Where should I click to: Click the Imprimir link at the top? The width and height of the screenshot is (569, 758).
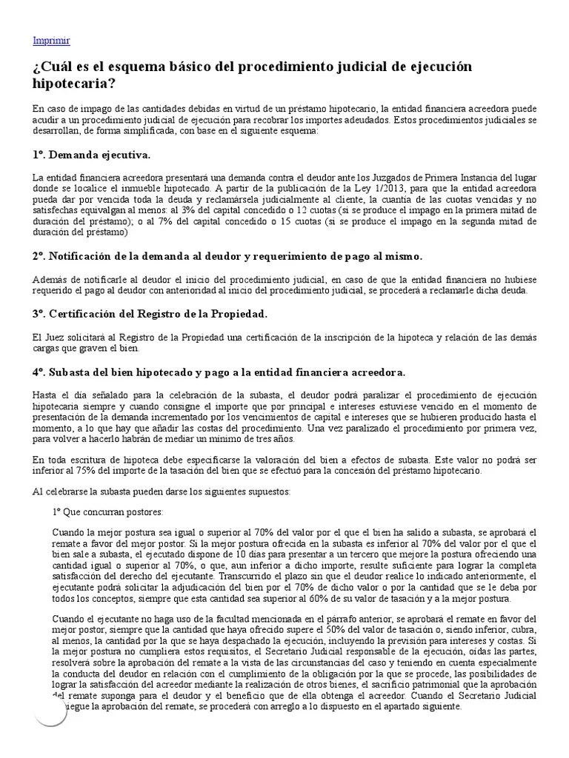tap(51, 41)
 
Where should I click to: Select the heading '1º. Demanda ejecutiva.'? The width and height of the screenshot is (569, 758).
tap(91, 155)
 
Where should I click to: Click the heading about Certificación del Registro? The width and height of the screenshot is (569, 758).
tap(150, 314)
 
